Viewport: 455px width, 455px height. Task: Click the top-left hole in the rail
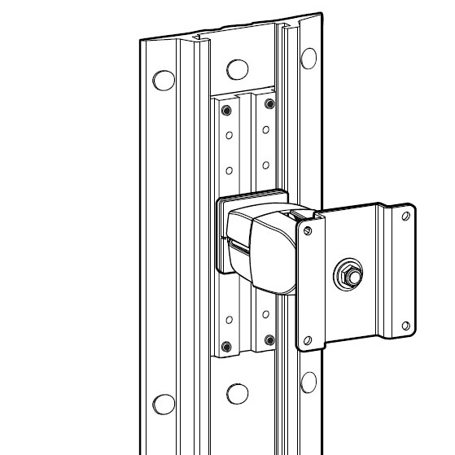(x=164, y=80)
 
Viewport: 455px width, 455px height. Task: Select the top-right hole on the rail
(x=308, y=58)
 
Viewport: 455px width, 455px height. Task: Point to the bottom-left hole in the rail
(x=164, y=403)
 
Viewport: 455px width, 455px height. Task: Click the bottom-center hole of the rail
(x=236, y=393)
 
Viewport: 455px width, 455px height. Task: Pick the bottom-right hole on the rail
(x=308, y=382)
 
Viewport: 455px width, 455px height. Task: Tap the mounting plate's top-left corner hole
(x=308, y=232)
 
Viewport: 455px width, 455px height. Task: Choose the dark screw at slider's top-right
(x=266, y=103)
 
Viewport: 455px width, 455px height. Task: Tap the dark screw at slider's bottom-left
(x=229, y=341)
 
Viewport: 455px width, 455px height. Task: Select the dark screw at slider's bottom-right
(x=266, y=335)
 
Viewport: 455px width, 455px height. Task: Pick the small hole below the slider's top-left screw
(x=229, y=133)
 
